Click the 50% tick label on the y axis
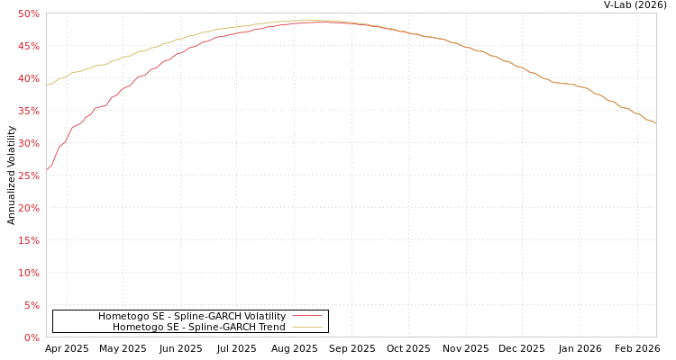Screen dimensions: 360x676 tap(28, 13)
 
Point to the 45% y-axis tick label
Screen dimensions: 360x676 tap(28, 46)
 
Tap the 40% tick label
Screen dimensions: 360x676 tap(28, 78)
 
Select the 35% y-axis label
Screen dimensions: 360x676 tap(28, 111)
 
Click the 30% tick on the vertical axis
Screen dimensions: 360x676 tap(28, 143)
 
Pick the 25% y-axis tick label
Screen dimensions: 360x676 tap(28, 175)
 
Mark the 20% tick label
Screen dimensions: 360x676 tap(28, 208)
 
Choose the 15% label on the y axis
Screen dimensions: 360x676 tap(28, 240)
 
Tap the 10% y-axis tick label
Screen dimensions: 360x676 tap(28, 273)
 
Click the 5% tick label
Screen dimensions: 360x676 tap(31, 305)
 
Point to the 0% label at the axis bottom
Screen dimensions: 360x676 tap(31, 337)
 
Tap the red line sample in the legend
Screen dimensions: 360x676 tap(306, 316)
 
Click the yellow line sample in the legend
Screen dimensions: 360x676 tap(306, 327)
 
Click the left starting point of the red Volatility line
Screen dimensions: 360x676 tap(47, 169)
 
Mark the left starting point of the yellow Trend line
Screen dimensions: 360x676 tap(47, 85)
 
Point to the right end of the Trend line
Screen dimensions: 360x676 tap(655, 122)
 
